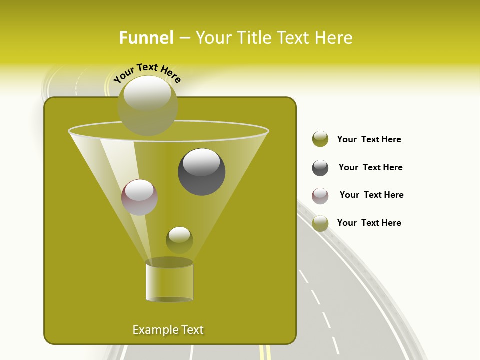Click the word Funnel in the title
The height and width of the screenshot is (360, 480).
click(x=146, y=38)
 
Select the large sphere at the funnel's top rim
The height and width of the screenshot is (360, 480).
click(x=147, y=105)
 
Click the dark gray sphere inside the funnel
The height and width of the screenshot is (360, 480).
click(x=201, y=172)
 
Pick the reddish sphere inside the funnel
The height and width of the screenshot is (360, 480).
click(x=139, y=197)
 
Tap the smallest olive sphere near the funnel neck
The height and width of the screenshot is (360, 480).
click(x=179, y=240)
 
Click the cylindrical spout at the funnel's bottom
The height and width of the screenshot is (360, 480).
click(x=169, y=281)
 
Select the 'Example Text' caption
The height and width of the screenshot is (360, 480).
click(x=168, y=330)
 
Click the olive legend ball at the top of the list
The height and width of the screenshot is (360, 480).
click(x=320, y=139)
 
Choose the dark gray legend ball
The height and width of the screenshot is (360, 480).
click(x=320, y=168)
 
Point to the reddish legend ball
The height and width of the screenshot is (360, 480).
click(x=320, y=196)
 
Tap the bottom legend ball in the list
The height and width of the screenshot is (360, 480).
click(x=320, y=223)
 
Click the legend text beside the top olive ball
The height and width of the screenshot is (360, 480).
click(x=369, y=139)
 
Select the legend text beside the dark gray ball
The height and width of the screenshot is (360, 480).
click(x=370, y=167)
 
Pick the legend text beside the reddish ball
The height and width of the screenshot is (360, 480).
click(x=371, y=195)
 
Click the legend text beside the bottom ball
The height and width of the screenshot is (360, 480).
click(x=369, y=223)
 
